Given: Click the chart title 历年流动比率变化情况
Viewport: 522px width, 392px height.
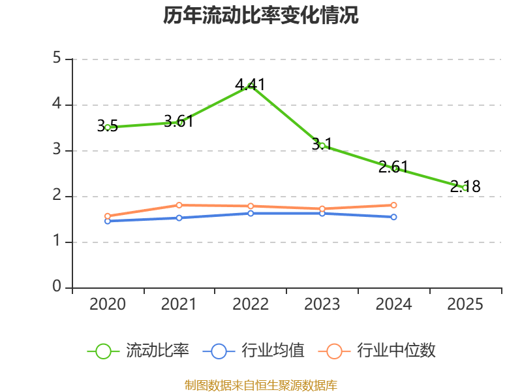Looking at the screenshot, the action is [260, 15].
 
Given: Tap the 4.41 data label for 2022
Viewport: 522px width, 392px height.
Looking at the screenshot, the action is [250, 85].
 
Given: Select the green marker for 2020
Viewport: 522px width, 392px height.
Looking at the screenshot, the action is [108, 127].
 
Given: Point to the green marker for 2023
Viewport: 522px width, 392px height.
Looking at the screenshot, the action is [322, 146].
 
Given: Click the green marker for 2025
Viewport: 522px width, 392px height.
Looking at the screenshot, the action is [465, 188].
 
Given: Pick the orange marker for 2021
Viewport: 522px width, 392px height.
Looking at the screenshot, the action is [179, 205].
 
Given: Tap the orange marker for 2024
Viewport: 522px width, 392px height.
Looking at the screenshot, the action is [393, 205].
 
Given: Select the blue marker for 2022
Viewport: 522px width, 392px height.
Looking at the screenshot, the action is [251, 214].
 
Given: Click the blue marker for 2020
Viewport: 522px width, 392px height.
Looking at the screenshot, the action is [108, 221].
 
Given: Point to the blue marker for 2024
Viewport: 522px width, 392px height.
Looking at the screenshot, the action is [393, 217].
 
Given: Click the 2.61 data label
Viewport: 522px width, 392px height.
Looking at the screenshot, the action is [393, 167].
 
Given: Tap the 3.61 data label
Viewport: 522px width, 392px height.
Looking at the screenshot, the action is [179, 122].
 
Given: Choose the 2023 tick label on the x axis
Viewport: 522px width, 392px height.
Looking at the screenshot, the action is [322, 304].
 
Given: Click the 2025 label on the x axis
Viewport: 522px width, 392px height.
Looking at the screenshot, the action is [465, 304].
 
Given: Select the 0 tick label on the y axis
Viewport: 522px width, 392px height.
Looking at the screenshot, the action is [57, 286].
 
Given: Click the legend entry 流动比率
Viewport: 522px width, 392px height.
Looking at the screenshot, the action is [138, 351].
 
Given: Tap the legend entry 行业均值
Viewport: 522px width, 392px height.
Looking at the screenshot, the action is [253, 351].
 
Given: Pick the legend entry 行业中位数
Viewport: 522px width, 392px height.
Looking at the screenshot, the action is [377, 351].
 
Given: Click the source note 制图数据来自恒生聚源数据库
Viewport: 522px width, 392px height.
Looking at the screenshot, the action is [261, 385].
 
